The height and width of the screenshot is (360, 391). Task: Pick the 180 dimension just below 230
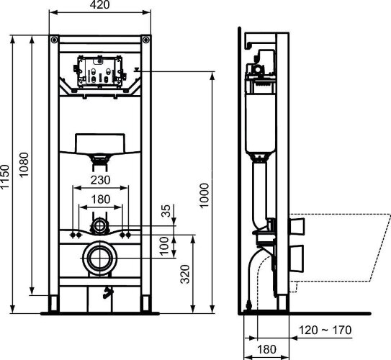(100, 199)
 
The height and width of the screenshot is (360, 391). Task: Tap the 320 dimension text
(185, 274)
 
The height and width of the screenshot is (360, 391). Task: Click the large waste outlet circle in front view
(100, 257)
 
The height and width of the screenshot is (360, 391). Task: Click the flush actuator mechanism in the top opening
(100, 72)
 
